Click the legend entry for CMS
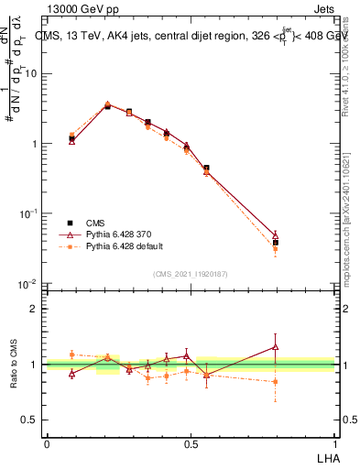[95, 223]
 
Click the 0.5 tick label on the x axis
[191, 442]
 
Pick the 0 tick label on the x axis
[47, 442]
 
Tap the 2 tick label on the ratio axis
[34, 309]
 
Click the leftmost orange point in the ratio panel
[71, 354]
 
